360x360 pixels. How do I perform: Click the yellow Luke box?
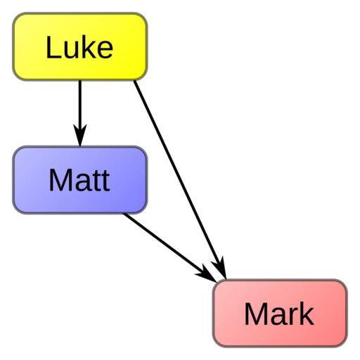click(80, 46)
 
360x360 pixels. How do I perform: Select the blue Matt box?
click(80, 180)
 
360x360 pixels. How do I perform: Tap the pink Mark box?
click(280, 313)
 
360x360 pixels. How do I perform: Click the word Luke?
click(79, 47)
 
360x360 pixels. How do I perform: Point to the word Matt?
click(79, 180)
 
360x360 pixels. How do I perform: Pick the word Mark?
click(279, 313)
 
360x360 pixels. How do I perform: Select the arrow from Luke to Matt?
click(80, 113)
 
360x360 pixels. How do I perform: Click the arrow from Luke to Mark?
click(180, 180)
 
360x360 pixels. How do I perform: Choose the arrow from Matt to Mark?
click(170, 247)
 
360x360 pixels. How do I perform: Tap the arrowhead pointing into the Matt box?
click(80, 135)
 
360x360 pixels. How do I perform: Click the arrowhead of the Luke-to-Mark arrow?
click(220, 269)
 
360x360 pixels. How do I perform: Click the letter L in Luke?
click(53, 47)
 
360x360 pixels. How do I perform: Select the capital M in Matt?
click(58, 180)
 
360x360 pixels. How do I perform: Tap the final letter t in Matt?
click(105, 181)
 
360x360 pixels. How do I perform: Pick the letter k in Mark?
click(307, 313)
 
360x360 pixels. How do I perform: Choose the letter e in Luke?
click(105, 50)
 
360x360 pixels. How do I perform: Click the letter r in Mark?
click(294, 316)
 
